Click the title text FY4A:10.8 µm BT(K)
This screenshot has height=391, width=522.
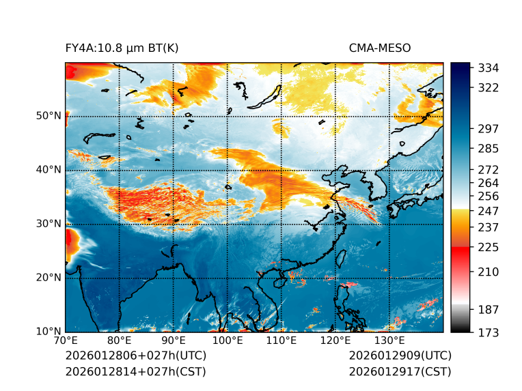[x=122, y=48]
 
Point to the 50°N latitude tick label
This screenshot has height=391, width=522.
[x=48, y=116]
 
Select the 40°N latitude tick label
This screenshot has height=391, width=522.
[x=48, y=170]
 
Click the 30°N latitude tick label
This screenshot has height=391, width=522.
[x=48, y=224]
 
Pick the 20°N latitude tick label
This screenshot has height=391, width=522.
[x=48, y=278]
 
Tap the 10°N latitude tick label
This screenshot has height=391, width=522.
[x=48, y=332]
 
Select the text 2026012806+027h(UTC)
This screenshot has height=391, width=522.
[x=135, y=356]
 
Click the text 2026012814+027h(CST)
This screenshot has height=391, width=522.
[x=135, y=372]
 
